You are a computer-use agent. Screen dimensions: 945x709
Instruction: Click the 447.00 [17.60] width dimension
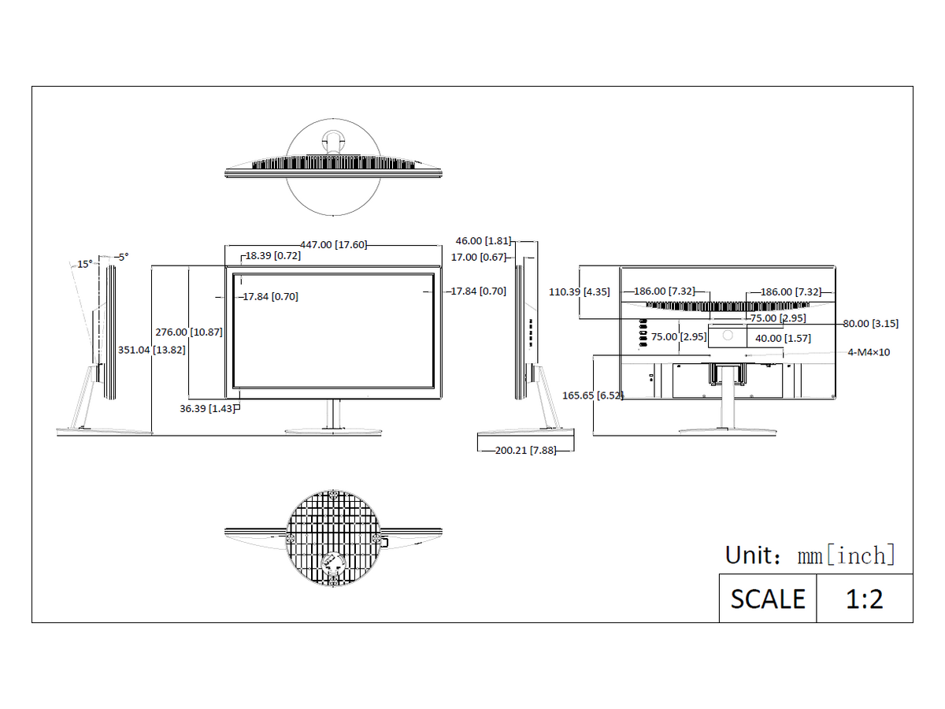pyautogui.click(x=333, y=244)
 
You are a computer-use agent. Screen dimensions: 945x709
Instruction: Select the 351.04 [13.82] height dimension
pyautogui.click(x=151, y=350)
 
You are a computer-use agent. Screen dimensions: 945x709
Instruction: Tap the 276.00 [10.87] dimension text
pyautogui.click(x=188, y=332)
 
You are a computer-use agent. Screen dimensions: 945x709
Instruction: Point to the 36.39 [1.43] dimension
pyautogui.click(x=207, y=408)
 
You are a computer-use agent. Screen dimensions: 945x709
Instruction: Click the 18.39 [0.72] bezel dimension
pyautogui.click(x=273, y=256)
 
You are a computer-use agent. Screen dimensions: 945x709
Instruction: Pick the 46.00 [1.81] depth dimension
pyautogui.click(x=483, y=240)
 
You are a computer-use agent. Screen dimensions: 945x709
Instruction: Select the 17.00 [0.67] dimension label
pyautogui.click(x=478, y=257)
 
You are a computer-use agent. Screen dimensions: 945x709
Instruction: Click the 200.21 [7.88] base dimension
pyautogui.click(x=525, y=451)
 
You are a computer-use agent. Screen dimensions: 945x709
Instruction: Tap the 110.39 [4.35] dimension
pyautogui.click(x=579, y=291)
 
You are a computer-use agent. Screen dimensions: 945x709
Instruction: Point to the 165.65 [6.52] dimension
pyautogui.click(x=592, y=395)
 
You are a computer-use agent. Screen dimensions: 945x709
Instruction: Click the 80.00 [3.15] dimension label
pyautogui.click(x=870, y=323)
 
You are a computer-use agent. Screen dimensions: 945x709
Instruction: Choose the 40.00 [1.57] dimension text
pyautogui.click(x=783, y=339)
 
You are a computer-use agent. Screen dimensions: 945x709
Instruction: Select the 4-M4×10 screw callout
pyautogui.click(x=869, y=352)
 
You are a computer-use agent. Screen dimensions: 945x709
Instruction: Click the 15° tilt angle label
pyautogui.click(x=84, y=264)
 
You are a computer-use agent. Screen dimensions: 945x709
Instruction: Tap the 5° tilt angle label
pyautogui.click(x=124, y=257)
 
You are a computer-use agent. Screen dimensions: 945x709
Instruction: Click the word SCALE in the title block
pyautogui.click(x=768, y=599)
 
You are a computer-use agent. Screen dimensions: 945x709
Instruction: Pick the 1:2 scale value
pyautogui.click(x=864, y=599)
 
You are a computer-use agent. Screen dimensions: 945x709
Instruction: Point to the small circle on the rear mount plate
pyautogui.click(x=728, y=335)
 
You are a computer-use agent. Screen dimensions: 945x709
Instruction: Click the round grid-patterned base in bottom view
pyautogui.click(x=333, y=538)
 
